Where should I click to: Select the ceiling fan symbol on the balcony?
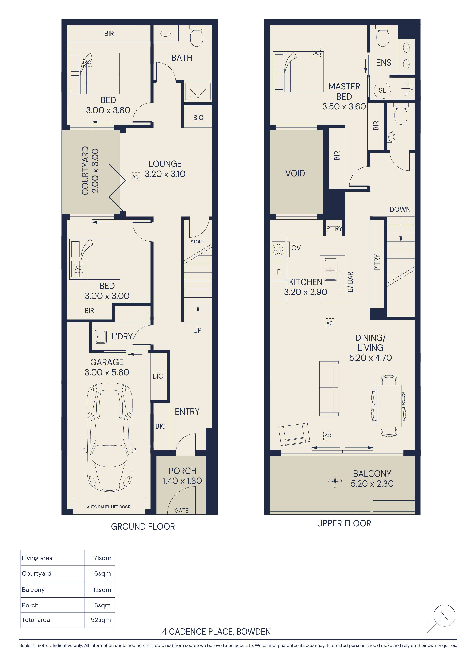point(335,480)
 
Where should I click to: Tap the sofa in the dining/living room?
point(329,388)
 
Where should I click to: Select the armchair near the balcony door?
point(294,434)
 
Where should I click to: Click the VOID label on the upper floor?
point(295,173)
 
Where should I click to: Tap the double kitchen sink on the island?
point(331,269)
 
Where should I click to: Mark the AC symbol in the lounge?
point(135,177)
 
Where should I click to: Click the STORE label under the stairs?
point(197,242)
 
